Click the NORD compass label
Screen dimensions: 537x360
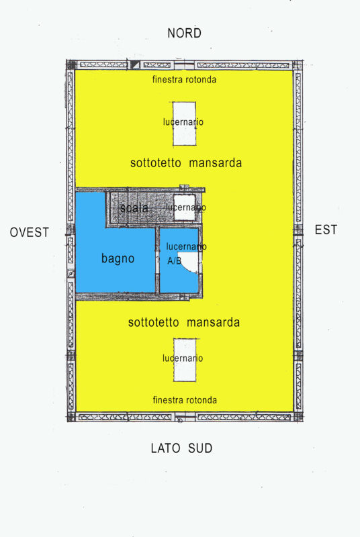[185, 33]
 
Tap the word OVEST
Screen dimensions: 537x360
[30, 232]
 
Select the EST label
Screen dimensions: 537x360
[326, 230]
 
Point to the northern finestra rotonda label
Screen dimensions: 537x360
[184, 80]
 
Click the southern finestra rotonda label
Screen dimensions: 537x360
[185, 400]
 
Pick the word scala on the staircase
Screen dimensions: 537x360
[134, 208]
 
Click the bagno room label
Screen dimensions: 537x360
[118, 258]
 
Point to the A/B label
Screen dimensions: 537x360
[174, 260]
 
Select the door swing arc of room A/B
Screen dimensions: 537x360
[193, 264]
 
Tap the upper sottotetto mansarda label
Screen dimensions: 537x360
[185, 163]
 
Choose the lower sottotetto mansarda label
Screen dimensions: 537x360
[184, 323]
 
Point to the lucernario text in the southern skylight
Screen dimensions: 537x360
[183, 358]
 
